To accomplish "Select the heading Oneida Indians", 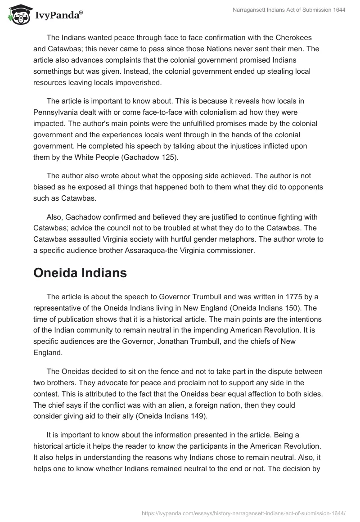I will pyautogui.click(x=80, y=274).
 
